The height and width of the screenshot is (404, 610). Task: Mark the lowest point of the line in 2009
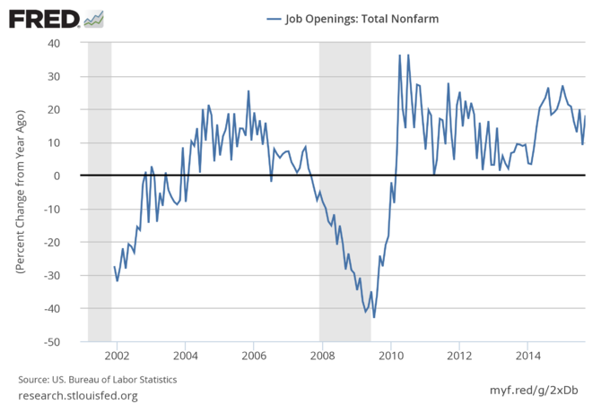pyautogui.click(x=374, y=317)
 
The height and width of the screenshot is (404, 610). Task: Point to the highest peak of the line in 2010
pyautogui.click(x=400, y=55)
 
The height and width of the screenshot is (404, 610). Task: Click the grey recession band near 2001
pyautogui.click(x=100, y=192)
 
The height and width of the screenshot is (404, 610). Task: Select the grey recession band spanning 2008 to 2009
pyautogui.click(x=345, y=192)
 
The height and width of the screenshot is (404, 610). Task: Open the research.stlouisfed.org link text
pyautogui.click(x=78, y=395)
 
